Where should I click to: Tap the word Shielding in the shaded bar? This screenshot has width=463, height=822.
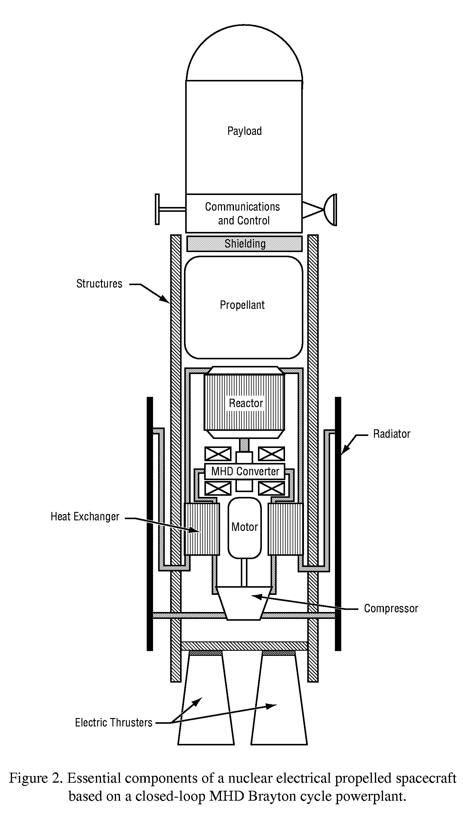tap(245, 244)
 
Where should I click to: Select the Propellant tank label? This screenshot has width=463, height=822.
tap(242, 305)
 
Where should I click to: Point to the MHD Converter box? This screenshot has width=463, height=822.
tap(245, 471)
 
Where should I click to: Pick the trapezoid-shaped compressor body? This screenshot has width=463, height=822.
tap(244, 603)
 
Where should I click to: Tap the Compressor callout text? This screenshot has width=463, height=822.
tap(391, 608)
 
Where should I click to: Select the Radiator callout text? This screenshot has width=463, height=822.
tap(391, 434)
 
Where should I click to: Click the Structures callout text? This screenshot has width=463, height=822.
tap(99, 284)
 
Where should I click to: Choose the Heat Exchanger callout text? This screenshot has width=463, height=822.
tap(85, 517)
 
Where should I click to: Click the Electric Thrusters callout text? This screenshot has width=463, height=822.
tap(114, 723)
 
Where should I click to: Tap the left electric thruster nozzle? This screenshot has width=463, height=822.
tap(206, 699)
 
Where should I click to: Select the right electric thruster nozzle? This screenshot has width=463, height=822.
tap(279, 699)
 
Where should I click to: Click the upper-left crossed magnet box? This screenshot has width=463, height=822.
tap(218, 454)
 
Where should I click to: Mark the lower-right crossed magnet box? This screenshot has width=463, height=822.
tap(271, 489)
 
